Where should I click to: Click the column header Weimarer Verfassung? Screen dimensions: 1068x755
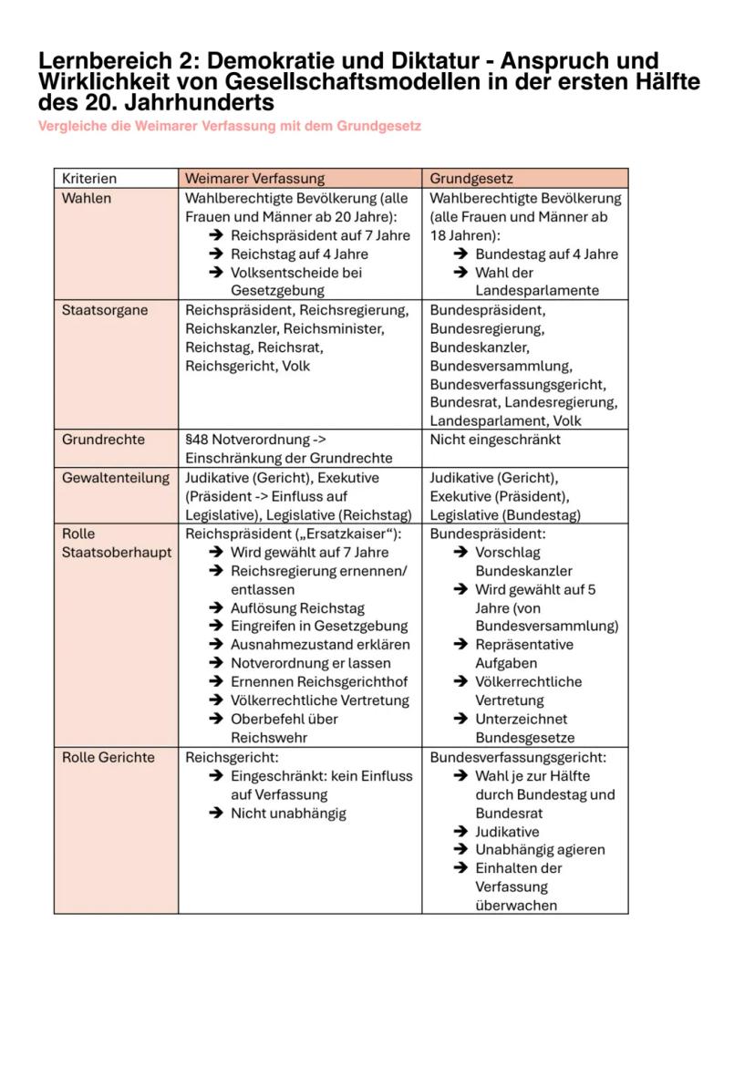pyautogui.click(x=254, y=179)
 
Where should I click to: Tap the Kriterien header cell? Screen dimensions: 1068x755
pyautogui.click(x=89, y=179)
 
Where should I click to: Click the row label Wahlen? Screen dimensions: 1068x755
pyautogui.click(x=87, y=198)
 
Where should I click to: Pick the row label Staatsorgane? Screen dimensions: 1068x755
pyautogui.click(x=105, y=310)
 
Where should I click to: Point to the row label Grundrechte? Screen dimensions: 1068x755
pyautogui.click(x=103, y=440)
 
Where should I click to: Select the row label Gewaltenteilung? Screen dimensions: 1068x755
pyautogui.click(x=116, y=478)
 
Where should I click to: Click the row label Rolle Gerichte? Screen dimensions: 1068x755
pyautogui.click(x=109, y=758)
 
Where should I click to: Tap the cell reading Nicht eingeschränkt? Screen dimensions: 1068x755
pyautogui.click(x=495, y=440)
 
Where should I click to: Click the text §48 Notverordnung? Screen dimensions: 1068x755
pyautogui.click(x=241, y=440)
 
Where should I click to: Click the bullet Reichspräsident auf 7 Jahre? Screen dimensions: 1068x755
pyautogui.click(x=320, y=235)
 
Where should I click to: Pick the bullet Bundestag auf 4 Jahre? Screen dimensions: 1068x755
pyautogui.click(x=546, y=254)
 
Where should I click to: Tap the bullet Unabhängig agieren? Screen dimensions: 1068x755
pyautogui.click(x=540, y=850)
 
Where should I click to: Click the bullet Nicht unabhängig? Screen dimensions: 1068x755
pyautogui.click(x=288, y=814)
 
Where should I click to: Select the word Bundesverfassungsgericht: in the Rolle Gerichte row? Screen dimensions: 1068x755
pyautogui.click(x=517, y=758)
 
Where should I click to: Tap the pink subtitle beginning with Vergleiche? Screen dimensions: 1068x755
pyautogui.click(x=230, y=126)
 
